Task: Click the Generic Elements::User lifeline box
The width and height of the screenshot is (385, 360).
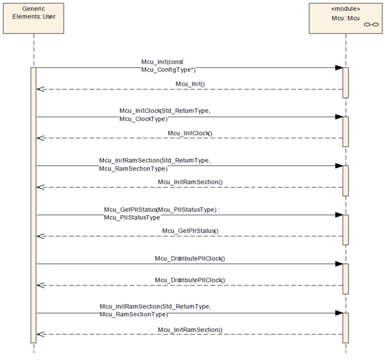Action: coord(34,18)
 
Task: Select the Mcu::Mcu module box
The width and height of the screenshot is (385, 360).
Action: coord(345,18)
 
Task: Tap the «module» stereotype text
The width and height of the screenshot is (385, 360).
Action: coord(345,9)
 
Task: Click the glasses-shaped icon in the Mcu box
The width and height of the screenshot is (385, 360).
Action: coord(371,24)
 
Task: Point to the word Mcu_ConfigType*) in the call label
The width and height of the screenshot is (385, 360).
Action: coord(168,70)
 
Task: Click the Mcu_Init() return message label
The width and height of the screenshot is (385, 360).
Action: coord(190,84)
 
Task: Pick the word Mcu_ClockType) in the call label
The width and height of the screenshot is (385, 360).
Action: coord(144,119)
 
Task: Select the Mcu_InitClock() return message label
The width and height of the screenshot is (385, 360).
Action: coord(190,133)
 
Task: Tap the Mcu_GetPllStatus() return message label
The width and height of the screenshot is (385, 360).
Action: coord(190,231)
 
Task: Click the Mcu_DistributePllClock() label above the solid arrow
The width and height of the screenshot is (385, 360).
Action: coord(190,258)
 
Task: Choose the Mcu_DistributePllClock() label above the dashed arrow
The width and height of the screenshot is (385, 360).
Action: coord(190,280)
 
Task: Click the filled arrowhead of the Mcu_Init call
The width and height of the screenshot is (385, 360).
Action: coord(339,67)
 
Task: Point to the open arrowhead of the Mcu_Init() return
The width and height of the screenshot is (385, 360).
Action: coord(40,89)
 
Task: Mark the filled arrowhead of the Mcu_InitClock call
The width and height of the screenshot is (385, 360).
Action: coord(339,117)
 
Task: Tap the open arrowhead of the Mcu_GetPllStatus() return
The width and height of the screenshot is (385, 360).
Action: coord(40,236)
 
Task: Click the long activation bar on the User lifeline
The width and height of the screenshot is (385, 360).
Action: coord(34,205)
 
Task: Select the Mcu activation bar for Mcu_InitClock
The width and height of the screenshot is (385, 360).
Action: coord(346,132)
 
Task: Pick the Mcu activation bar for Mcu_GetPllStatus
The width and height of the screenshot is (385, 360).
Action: coord(346,230)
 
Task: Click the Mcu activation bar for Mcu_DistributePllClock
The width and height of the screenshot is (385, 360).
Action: coord(346,279)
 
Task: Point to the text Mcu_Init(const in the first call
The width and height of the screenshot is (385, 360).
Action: coord(162,62)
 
